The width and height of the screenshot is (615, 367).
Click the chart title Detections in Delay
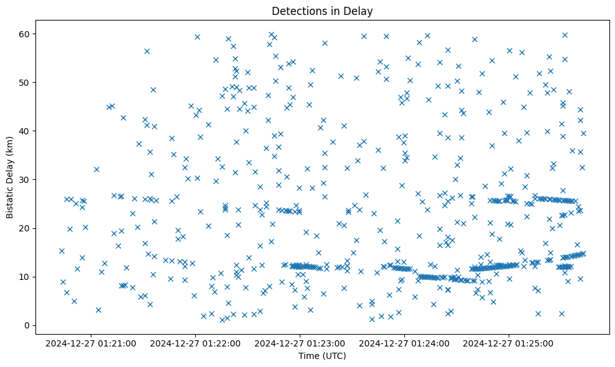pyautogui.click(x=322, y=11)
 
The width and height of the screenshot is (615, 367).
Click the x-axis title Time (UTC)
pyautogui.click(x=322, y=356)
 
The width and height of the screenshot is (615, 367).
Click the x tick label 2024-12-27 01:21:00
pyautogui.click(x=91, y=343)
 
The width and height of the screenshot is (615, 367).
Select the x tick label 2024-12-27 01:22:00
pyautogui.click(x=196, y=343)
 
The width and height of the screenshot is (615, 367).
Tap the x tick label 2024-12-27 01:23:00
pyautogui.click(x=300, y=343)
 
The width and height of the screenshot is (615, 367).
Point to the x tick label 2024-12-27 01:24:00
pyautogui.click(x=405, y=343)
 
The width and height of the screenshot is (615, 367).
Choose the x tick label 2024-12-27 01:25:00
pyautogui.click(x=509, y=343)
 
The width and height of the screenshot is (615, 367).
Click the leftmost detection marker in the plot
pyautogui.click(x=62, y=251)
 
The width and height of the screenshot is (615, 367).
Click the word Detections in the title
pyautogui.click(x=296, y=11)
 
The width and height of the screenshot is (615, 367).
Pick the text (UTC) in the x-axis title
pyautogui.click(x=334, y=356)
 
